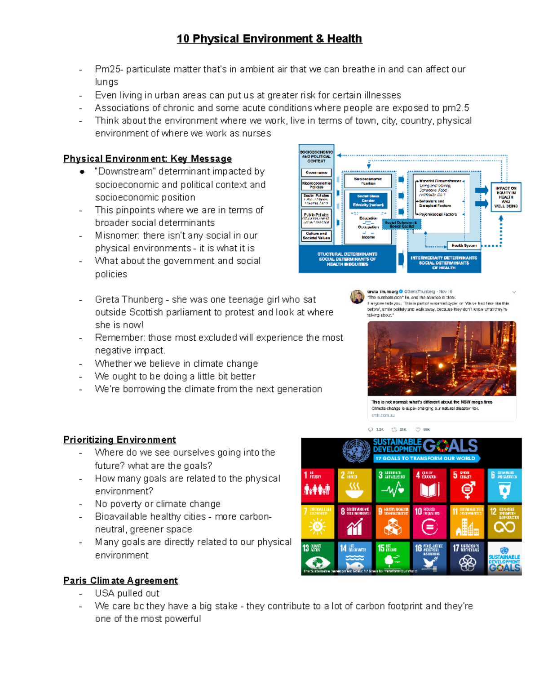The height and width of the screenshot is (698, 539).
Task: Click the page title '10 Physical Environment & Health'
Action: click(x=269, y=39)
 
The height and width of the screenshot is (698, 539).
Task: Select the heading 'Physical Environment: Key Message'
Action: click(x=147, y=159)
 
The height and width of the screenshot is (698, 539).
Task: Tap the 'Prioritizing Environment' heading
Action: click(x=119, y=440)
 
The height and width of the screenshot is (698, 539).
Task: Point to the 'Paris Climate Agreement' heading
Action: click(x=120, y=580)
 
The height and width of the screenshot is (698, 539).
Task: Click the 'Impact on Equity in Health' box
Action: click(x=506, y=197)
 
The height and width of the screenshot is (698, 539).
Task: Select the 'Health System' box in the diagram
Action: click(x=464, y=245)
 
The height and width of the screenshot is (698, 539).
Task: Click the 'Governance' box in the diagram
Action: click(x=316, y=173)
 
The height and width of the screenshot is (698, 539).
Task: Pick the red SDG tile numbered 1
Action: click(x=318, y=485)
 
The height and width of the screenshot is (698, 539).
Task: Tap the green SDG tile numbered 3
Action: click(x=393, y=485)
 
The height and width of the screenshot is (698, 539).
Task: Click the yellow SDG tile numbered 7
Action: click(x=318, y=522)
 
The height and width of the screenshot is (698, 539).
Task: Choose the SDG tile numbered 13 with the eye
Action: click(x=318, y=557)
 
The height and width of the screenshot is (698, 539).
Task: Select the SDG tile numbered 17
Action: click(x=468, y=557)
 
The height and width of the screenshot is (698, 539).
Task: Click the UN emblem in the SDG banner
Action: click(x=357, y=450)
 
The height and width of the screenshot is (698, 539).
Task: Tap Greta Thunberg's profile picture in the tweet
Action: click(x=357, y=297)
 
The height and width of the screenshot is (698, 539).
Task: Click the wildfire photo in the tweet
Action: click(x=442, y=358)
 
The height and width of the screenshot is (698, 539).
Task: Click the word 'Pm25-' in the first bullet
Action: click(x=109, y=69)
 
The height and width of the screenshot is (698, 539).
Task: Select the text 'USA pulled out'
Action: click(x=127, y=593)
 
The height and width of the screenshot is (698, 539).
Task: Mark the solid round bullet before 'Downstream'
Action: click(x=82, y=172)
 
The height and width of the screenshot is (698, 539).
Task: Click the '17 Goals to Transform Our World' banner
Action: click(x=426, y=458)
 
